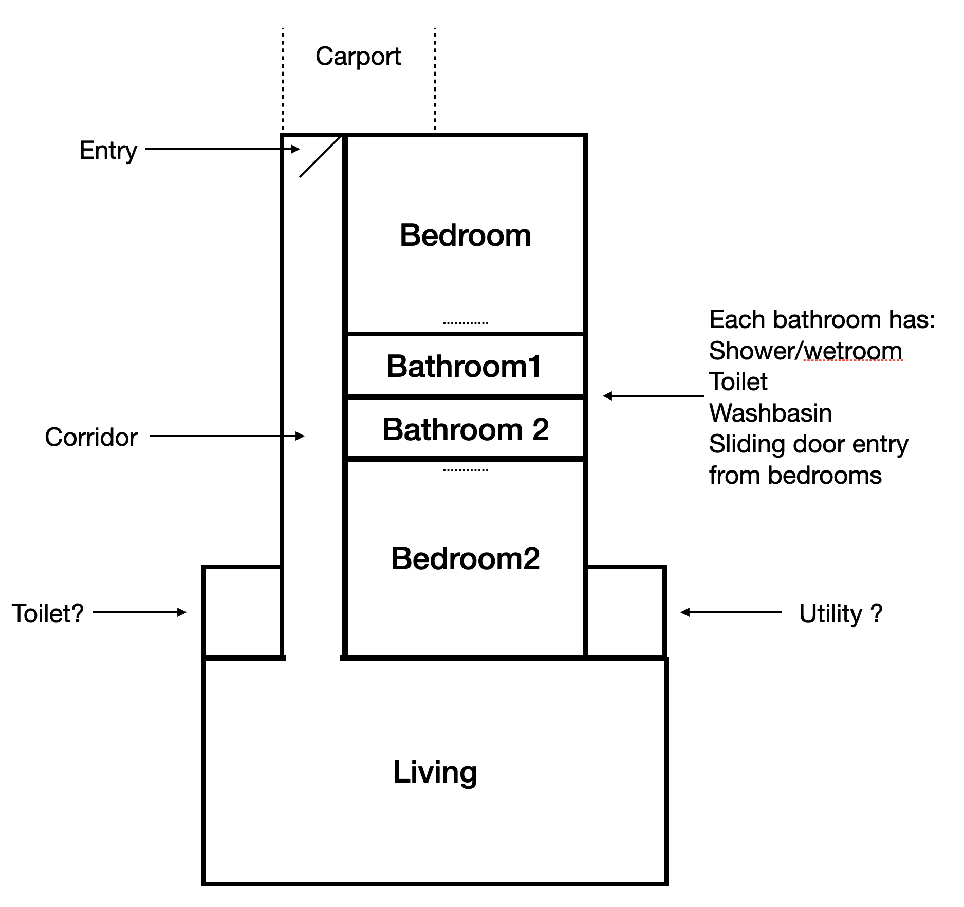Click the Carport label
point(358,57)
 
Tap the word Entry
point(108,151)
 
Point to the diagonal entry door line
point(320,157)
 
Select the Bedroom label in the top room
point(465,235)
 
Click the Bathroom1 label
point(464,367)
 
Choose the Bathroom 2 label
point(466,429)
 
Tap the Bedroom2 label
point(465,558)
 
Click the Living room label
point(435,772)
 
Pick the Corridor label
point(91,437)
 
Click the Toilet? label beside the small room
point(47,613)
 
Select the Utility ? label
point(841,613)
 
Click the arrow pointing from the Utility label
point(731,612)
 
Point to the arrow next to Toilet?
point(140,612)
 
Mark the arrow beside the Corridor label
point(227,436)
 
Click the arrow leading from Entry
point(222,149)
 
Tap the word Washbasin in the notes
point(770,413)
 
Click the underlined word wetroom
point(853,351)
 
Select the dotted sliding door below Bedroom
point(466,323)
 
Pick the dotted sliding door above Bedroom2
point(466,470)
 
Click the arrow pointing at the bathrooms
point(653,396)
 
